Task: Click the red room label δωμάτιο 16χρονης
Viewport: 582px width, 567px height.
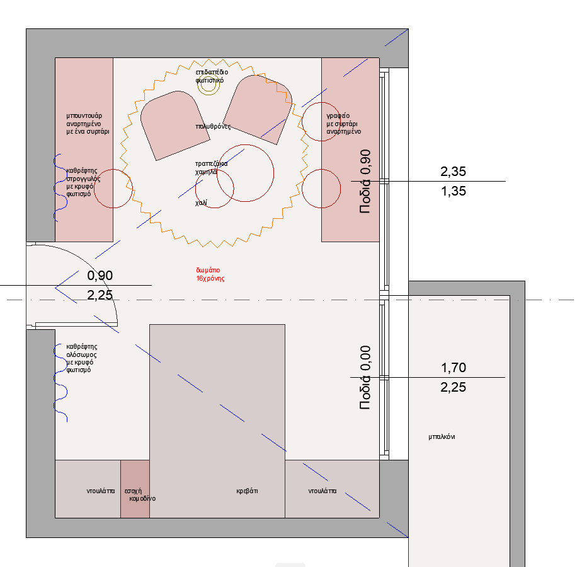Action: (210, 274)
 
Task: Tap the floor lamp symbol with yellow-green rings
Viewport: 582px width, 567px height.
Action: (208, 85)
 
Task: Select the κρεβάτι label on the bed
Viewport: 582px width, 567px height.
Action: (247, 491)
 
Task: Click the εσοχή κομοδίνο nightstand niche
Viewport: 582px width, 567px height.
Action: (135, 489)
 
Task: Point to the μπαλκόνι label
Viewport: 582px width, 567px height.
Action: (442, 437)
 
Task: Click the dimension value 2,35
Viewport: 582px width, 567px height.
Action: (454, 172)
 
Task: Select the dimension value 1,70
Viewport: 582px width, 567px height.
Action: (454, 368)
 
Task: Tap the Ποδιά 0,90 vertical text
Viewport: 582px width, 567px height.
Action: (365, 181)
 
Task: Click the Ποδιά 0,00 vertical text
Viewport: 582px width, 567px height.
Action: (365, 378)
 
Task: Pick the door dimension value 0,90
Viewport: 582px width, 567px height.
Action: (100, 276)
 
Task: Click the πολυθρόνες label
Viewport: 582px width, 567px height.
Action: (213, 127)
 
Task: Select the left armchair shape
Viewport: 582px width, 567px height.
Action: (174, 126)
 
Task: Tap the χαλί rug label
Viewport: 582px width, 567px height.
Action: (201, 203)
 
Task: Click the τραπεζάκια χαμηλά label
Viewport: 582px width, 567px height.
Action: (211, 168)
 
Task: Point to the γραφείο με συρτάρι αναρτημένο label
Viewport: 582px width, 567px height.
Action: (344, 124)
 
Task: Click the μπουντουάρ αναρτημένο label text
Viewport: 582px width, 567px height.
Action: (88, 124)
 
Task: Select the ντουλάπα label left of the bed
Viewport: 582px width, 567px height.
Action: (101, 491)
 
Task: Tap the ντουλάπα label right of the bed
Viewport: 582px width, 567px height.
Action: (322, 491)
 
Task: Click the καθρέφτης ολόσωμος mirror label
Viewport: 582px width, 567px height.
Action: (82, 358)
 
